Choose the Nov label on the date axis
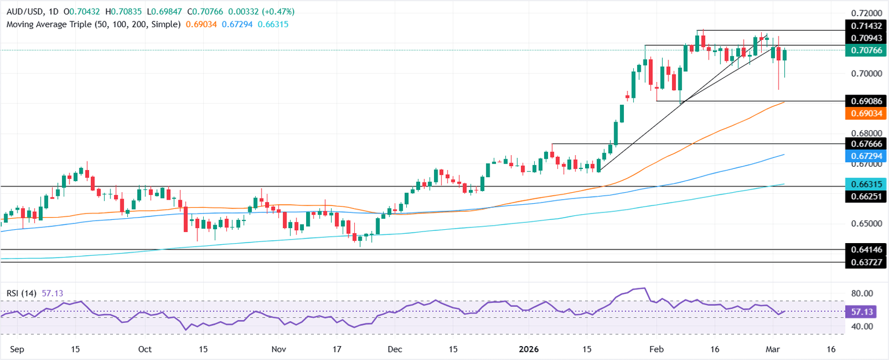pyautogui.click(x=279, y=350)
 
